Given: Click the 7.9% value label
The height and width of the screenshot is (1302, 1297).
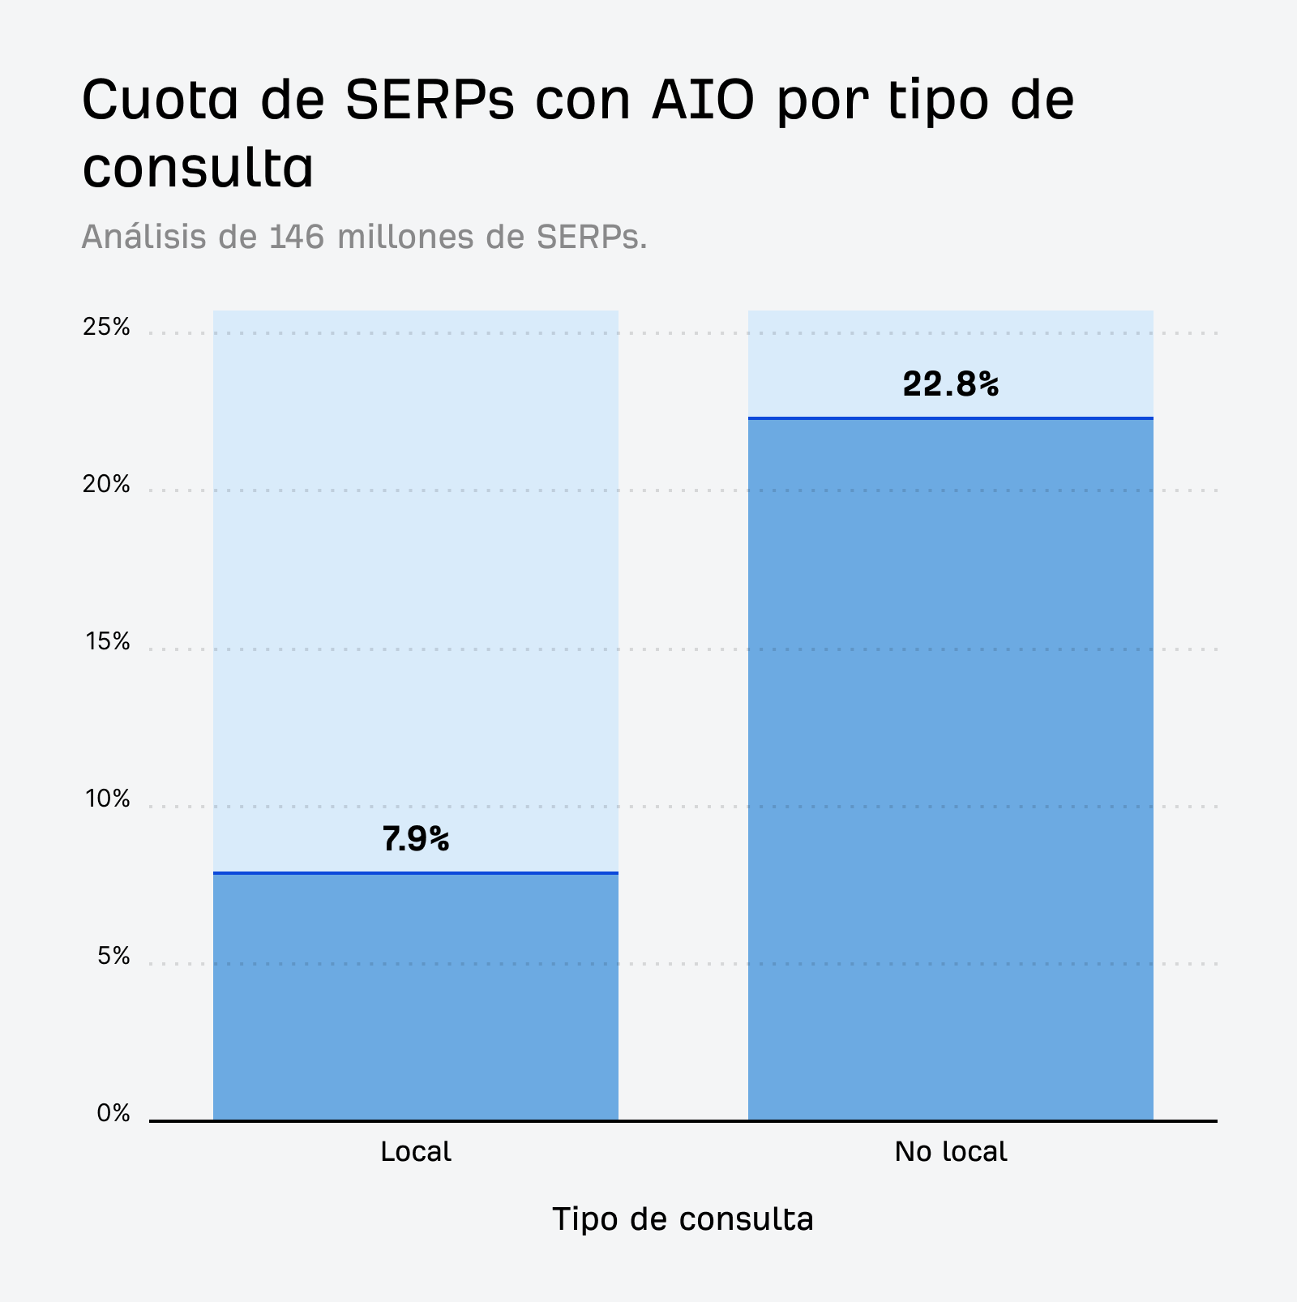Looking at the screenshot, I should pos(416,840).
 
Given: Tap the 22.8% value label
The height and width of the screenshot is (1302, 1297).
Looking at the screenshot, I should pos(950,384).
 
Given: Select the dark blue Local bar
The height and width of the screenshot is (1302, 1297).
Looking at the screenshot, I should pos(416,997).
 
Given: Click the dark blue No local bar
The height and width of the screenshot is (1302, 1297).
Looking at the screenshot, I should pos(950,770).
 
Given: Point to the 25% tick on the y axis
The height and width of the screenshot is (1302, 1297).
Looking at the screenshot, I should pos(106,328).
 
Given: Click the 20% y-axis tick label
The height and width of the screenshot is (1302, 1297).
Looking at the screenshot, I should pos(106,485).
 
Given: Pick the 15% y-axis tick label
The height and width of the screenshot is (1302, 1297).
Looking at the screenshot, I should pos(107,642).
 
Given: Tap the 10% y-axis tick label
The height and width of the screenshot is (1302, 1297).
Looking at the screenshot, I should pos(107,799).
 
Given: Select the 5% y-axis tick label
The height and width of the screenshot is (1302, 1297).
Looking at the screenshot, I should pos(113,957).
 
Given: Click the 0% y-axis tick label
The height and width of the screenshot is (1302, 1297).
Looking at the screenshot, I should pos(113,1114).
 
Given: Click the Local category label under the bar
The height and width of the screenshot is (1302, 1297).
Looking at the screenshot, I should pos(416,1152).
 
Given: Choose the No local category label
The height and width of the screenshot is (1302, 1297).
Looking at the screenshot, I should pos(950,1152).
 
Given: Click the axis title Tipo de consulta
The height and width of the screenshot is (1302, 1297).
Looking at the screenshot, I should pos(683,1219).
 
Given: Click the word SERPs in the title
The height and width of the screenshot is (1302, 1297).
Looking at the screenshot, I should pos(430,101).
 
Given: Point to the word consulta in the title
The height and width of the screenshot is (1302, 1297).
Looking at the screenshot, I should pos(198,169).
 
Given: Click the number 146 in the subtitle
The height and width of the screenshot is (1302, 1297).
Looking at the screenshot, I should pos(297,237).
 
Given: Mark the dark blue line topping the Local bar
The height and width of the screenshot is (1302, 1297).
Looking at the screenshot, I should pos(416,873).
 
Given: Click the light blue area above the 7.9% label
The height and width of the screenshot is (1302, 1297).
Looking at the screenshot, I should pos(416,567).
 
